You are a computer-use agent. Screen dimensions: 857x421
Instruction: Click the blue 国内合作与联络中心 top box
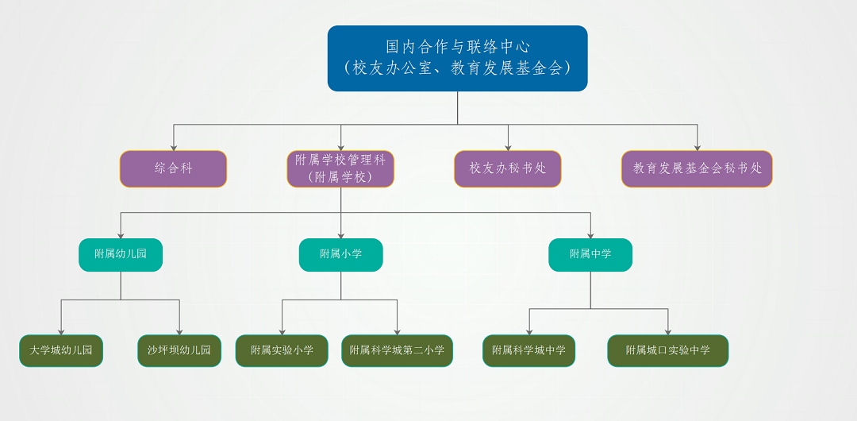(x=458, y=59)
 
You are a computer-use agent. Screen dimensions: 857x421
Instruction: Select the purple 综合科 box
(x=173, y=169)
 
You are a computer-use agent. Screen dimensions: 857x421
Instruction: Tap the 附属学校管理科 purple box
(x=340, y=169)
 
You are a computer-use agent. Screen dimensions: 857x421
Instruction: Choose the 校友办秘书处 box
(x=508, y=169)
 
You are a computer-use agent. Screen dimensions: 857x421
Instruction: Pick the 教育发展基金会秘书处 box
(x=697, y=169)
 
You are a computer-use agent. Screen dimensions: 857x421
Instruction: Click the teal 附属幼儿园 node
(x=121, y=255)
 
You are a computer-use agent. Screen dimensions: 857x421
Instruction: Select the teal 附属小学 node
(x=341, y=255)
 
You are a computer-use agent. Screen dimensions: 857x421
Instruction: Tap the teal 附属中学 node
(x=590, y=255)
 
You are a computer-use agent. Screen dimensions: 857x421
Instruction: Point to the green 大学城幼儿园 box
(x=61, y=351)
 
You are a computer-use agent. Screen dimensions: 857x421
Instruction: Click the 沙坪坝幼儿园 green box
(x=179, y=351)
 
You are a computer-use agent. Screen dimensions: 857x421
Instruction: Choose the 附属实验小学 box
(x=282, y=351)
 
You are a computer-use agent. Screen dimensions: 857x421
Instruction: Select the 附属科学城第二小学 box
(x=398, y=351)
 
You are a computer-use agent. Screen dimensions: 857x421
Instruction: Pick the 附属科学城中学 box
(x=529, y=351)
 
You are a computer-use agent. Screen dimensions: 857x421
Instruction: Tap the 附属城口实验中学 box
(x=668, y=351)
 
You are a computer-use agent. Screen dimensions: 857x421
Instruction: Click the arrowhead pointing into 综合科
(x=174, y=148)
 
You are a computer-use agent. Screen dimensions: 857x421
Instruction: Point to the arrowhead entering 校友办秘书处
(x=509, y=148)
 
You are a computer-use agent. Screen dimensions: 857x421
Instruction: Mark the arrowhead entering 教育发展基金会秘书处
(x=697, y=148)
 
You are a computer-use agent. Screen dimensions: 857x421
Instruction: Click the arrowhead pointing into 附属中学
(x=590, y=236)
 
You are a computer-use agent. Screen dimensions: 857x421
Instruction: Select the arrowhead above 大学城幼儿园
(x=61, y=332)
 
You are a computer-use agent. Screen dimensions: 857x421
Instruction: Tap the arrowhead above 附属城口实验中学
(x=668, y=332)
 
